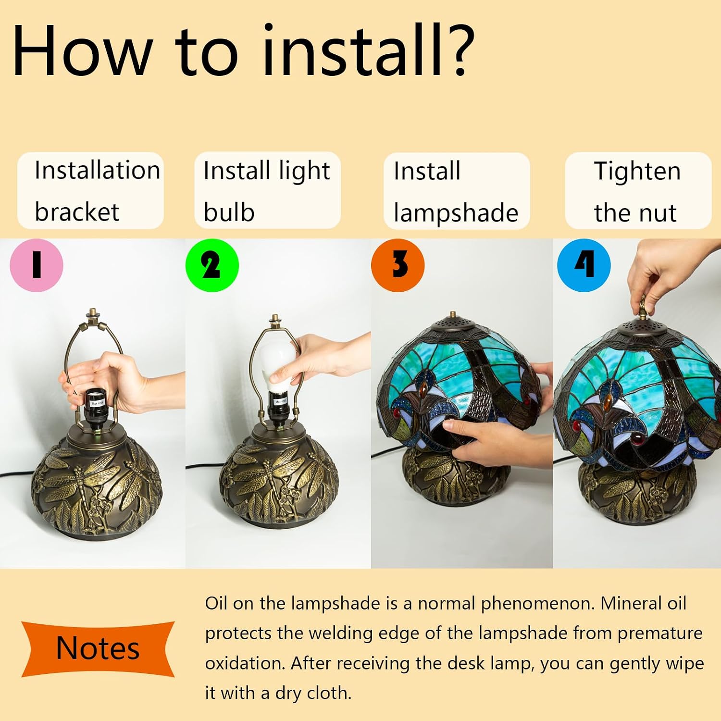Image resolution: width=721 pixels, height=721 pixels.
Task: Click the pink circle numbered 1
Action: (37, 265)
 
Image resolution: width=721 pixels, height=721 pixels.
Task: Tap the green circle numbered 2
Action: (212, 265)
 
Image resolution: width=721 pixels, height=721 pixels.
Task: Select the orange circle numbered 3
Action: (398, 265)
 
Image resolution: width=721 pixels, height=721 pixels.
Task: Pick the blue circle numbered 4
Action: (584, 265)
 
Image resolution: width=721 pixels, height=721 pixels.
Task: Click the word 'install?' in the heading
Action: (369, 50)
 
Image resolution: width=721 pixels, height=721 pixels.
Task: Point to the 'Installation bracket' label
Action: (91, 191)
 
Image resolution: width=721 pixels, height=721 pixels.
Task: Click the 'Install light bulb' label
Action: (267, 191)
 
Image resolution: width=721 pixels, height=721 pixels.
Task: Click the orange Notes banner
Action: (98, 649)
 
